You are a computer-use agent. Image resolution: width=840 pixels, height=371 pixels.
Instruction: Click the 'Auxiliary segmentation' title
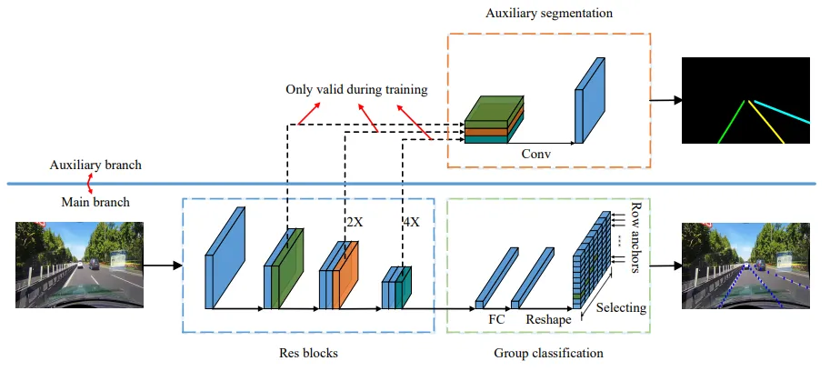[549, 14]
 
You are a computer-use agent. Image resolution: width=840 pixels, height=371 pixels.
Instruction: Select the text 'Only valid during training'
[356, 89]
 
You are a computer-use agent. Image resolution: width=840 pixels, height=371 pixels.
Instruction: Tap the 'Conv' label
[536, 154]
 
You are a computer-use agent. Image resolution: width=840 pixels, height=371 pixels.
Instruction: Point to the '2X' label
[355, 222]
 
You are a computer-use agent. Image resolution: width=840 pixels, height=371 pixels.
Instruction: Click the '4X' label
[410, 222]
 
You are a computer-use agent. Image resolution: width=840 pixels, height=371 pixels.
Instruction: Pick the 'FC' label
[496, 318]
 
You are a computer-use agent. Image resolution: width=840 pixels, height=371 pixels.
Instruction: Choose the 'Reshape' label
[548, 319]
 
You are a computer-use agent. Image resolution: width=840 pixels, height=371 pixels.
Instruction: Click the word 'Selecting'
[621, 308]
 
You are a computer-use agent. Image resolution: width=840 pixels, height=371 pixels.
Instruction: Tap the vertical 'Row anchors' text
[636, 237]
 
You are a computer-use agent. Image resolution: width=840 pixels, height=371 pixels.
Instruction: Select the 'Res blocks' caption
[308, 353]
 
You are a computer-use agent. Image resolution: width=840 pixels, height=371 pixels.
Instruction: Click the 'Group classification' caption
[548, 354]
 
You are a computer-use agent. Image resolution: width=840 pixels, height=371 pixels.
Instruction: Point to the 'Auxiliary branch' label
[95, 165]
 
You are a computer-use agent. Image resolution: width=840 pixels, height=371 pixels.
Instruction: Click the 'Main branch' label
[95, 202]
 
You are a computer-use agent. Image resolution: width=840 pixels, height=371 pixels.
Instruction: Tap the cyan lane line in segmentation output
[782, 112]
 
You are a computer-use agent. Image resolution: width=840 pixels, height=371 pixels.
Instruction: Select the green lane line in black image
[731, 122]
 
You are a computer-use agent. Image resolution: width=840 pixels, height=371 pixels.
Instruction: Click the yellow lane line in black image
[766, 122]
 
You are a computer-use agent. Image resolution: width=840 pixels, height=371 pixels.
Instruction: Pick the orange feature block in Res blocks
[345, 275]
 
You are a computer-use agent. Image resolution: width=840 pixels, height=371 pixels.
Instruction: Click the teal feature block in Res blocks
[405, 287]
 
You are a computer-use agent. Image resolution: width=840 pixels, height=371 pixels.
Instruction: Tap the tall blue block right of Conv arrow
[590, 100]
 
